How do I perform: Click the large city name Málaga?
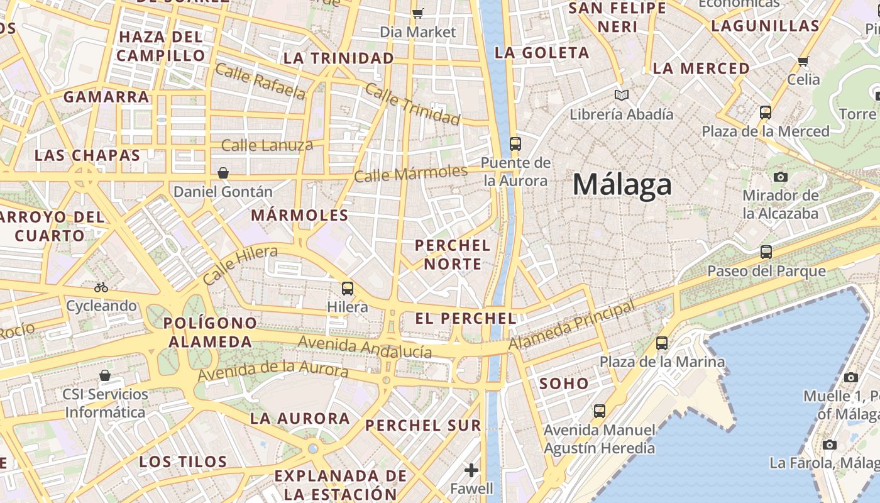pos(622,185)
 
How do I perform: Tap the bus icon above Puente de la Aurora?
pos(515,143)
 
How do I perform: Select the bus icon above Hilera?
pos(348,289)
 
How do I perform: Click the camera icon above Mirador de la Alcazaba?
pos(781,177)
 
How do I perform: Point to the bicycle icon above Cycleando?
pos(101,287)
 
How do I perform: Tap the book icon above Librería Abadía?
pos(622,95)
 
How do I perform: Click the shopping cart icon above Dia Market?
pos(418,13)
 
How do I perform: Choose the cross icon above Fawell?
pos(471,470)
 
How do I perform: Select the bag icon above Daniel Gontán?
pos(223,173)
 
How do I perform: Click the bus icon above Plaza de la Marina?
pos(662,343)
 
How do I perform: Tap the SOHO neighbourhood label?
pos(564,384)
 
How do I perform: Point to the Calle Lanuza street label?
pos(267,146)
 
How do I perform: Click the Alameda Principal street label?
pos(571,326)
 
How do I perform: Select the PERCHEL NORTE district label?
pos(453,254)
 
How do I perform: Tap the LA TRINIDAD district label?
pos(339,58)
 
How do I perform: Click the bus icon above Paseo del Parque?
pos(766,252)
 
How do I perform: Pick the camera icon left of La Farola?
pos(830,445)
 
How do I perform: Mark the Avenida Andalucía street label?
pos(365,347)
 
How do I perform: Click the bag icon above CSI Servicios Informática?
pos(105,375)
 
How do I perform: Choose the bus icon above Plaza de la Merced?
pos(766,113)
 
